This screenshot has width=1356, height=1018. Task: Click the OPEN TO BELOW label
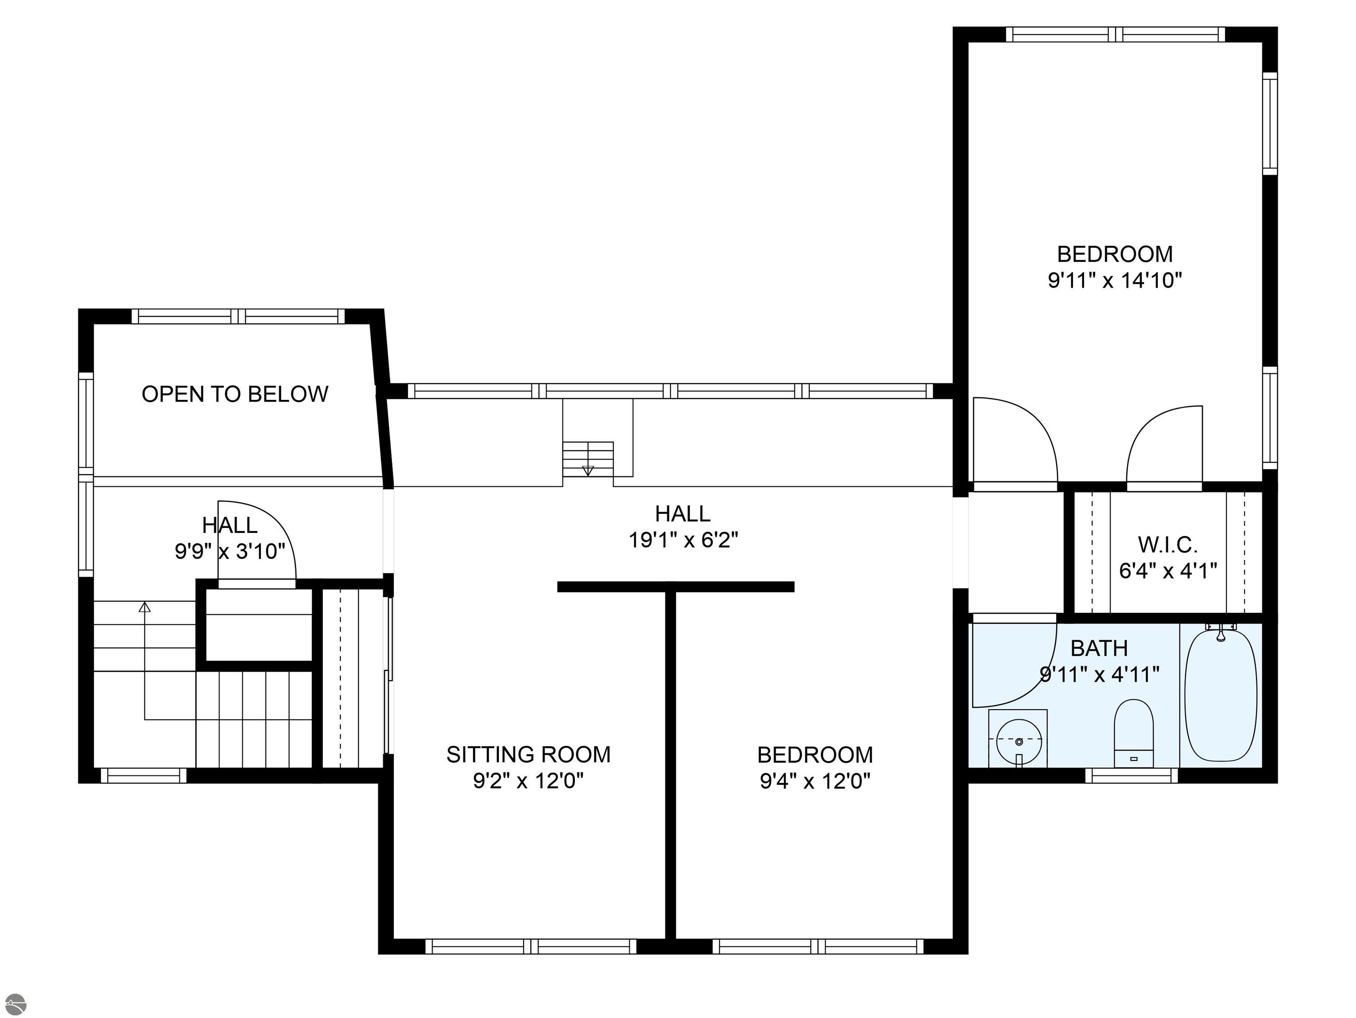pos(235,394)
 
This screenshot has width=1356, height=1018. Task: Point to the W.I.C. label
pos(1168,544)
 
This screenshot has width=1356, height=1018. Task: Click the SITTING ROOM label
pos(529,754)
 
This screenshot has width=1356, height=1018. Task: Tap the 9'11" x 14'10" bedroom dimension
pos(1115,280)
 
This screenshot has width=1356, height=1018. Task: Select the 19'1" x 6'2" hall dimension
pos(683,539)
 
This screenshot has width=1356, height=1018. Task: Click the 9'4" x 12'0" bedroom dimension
pos(815,781)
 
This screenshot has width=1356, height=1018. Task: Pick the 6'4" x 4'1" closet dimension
pos(1168,571)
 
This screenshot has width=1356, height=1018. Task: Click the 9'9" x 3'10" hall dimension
pos(230,551)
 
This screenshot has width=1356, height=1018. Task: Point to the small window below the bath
pos(1132,776)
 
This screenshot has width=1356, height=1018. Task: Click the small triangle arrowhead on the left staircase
pos(145,607)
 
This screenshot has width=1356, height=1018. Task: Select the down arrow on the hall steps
pos(588,471)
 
